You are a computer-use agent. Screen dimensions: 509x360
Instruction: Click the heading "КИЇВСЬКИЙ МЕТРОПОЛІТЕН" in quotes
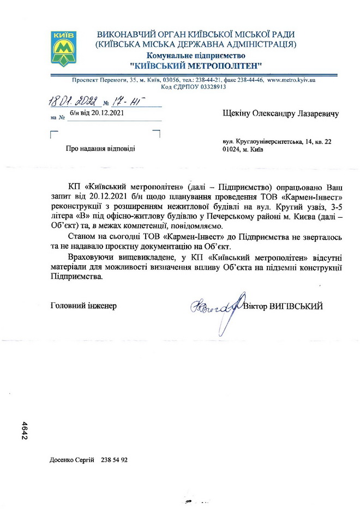196,65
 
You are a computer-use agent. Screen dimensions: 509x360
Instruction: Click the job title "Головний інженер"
83,306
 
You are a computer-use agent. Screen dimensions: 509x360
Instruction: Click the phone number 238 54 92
115,460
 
